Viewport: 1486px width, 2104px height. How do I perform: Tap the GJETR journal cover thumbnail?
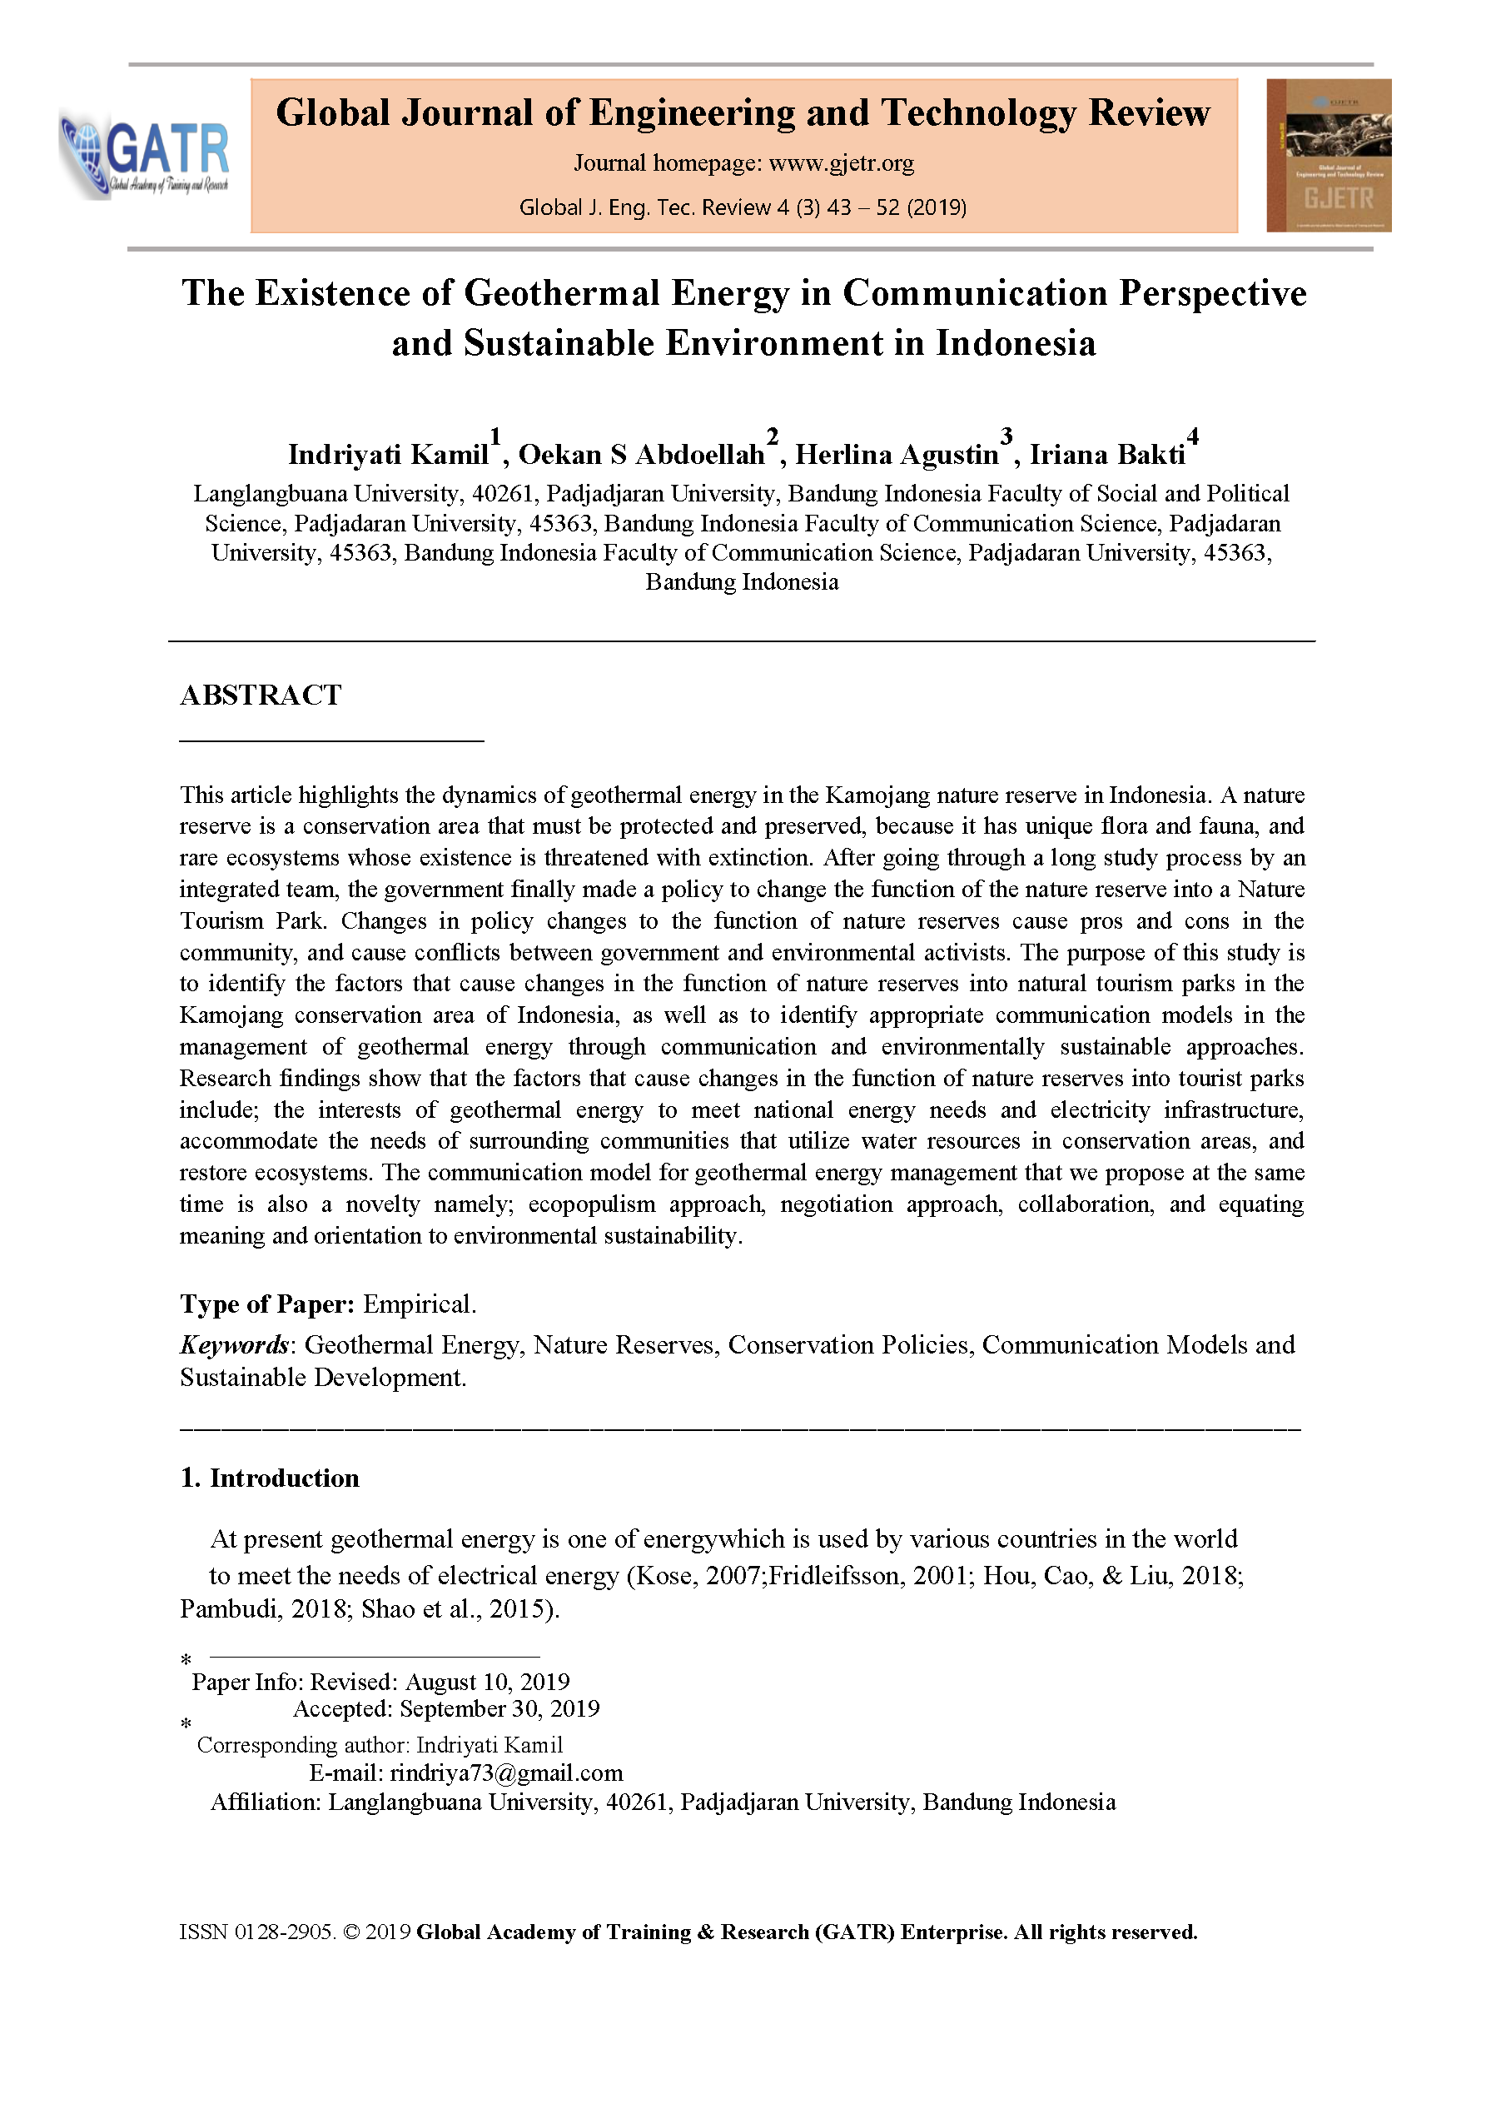coord(1329,155)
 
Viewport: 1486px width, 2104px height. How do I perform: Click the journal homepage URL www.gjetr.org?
coord(841,163)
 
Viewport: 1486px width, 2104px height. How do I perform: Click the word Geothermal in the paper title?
coord(562,293)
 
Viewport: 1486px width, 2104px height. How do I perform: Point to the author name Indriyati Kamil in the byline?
coord(388,455)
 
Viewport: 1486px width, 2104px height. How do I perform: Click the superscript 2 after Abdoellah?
coord(773,436)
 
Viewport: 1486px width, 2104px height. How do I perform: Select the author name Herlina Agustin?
coord(896,455)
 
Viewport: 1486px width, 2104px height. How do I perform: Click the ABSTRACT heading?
coord(261,696)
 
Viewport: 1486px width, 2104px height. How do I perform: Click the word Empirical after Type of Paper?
coord(419,1304)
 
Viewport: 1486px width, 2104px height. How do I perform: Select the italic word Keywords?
coord(234,1345)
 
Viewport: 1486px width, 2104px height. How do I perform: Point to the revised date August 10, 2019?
coord(487,1682)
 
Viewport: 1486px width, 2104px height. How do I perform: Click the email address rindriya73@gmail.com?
coord(505,1772)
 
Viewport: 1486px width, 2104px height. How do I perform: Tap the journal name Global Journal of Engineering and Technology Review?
coord(743,112)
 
